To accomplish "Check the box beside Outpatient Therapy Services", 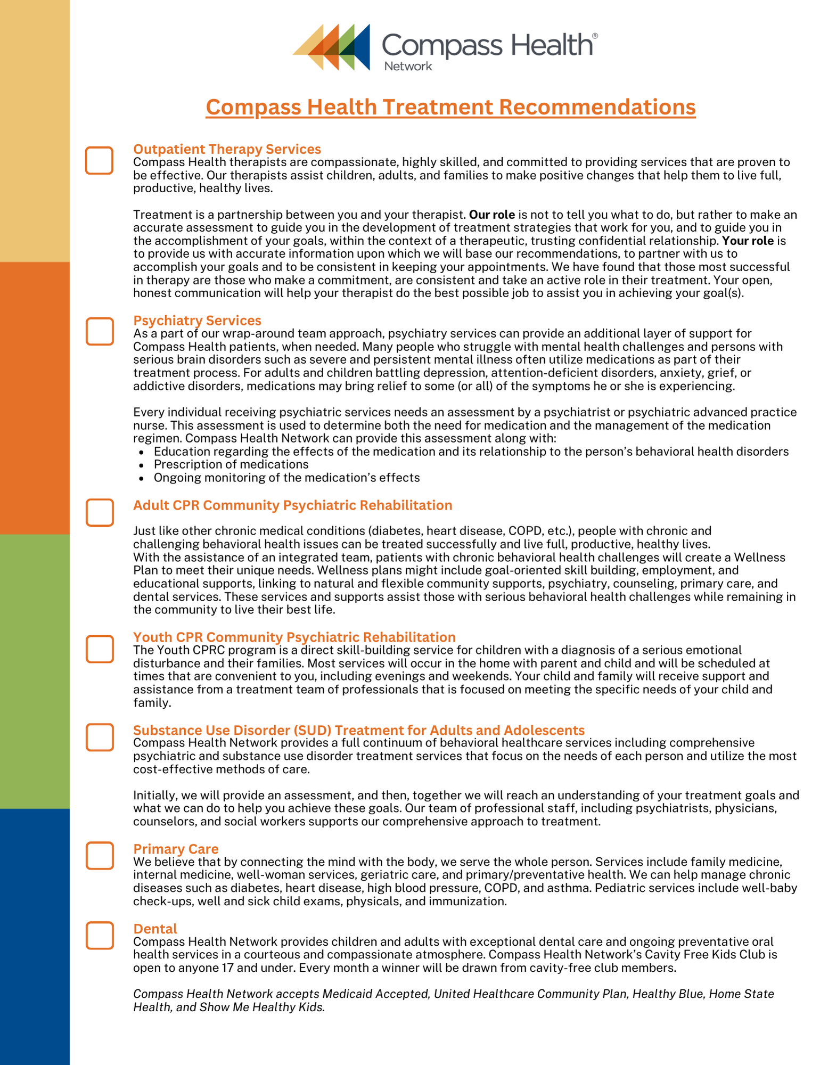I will tap(99, 160).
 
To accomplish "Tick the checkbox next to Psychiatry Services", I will tap(100, 331).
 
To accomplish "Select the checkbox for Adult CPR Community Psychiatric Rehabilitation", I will tap(100, 512).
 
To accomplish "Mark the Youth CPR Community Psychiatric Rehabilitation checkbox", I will tap(100, 649).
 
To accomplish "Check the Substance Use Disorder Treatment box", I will tap(100, 737).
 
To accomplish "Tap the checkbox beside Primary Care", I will tap(100, 855).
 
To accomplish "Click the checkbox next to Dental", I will tap(100, 935).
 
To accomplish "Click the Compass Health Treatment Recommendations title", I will tap(450, 107).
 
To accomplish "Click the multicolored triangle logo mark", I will tap(331, 47).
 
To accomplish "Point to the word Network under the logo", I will tap(408, 66).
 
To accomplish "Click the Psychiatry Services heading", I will tap(197, 320).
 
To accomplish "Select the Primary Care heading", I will tap(176, 848).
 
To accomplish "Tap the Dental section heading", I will tap(155, 928).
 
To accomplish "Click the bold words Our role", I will tap(491, 215).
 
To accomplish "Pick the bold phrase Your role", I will tap(748, 241).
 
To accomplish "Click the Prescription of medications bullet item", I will tap(231, 464).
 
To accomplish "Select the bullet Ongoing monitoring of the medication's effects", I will tap(286, 478).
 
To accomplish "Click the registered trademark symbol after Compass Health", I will tap(595, 36).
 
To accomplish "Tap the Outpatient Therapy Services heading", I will tap(227, 149).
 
